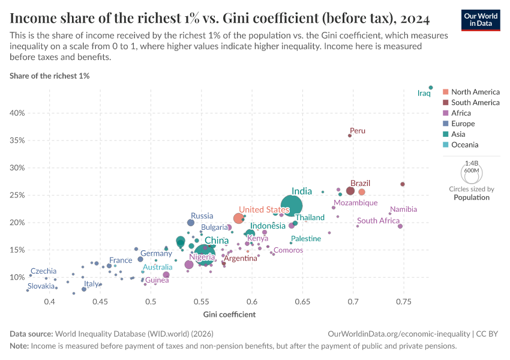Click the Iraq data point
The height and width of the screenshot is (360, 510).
(431, 88)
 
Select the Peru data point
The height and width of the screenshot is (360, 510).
(350, 136)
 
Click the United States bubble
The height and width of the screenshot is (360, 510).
(239, 218)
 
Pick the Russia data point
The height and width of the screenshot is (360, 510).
(191, 223)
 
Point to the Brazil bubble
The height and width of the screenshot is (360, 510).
(350, 191)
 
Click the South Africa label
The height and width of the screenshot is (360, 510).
(378, 221)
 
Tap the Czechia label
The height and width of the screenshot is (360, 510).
(43, 271)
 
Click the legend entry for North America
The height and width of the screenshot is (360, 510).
(475, 92)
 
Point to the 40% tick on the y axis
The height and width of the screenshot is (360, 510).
(16, 113)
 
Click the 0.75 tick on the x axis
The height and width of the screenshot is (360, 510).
(404, 301)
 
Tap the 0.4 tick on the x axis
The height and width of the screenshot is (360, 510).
(50, 301)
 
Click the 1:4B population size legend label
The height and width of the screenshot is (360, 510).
(472, 163)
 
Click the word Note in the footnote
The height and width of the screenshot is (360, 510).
(19, 346)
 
